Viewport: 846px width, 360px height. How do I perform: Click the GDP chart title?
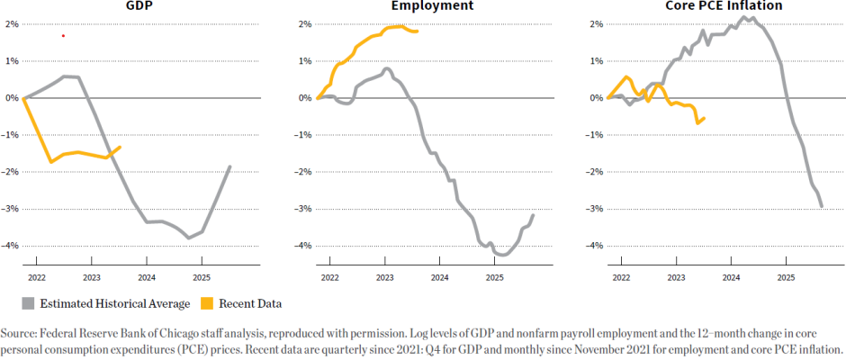click(x=137, y=6)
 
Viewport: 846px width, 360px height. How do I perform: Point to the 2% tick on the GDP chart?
click(x=12, y=24)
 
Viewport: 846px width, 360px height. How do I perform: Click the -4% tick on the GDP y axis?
click(x=10, y=246)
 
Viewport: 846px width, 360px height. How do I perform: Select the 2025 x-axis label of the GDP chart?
click(x=202, y=279)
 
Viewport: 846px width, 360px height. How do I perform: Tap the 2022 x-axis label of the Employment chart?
click(x=329, y=279)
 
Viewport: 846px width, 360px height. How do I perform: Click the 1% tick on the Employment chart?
click(x=304, y=61)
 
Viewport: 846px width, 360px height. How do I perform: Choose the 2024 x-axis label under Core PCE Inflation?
click(x=731, y=279)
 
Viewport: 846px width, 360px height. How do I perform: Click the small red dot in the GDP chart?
click(x=63, y=36)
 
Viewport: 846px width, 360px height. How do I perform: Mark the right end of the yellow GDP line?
click(x=120, y=147)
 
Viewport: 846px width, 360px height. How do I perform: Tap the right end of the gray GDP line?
click(x=230, y=166)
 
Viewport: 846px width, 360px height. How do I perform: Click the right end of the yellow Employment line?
click(x=417, y=31)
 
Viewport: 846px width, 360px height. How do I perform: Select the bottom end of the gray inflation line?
click(x=822, y=207)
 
